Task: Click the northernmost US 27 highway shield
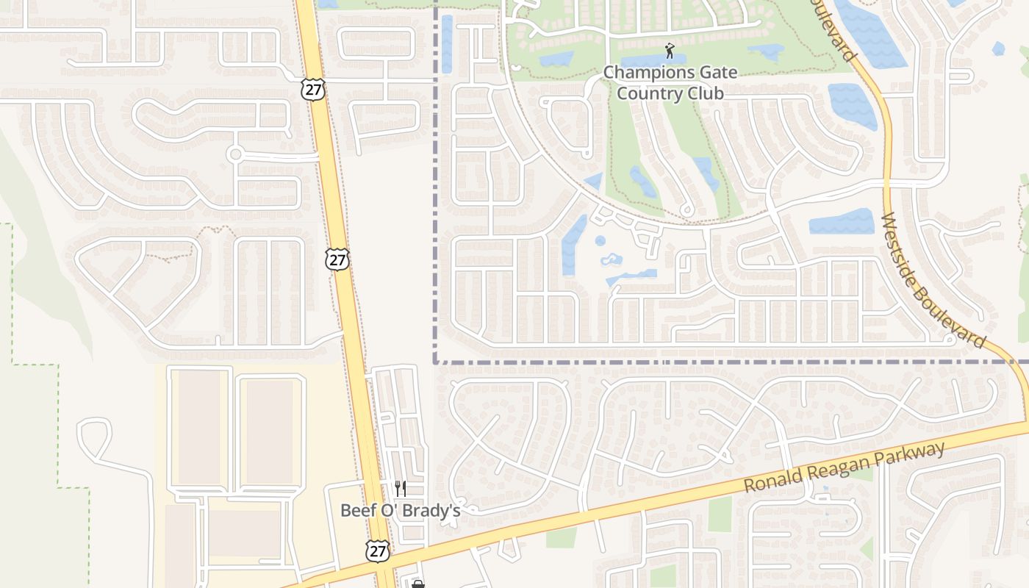coord(312,90)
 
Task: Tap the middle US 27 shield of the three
coord(337,259)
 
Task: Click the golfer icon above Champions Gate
coord(669,51)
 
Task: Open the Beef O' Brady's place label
coord(400,510)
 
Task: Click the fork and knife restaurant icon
coord(400,488)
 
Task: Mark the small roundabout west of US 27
coord(235,154)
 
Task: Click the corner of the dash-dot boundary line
coord(436,362)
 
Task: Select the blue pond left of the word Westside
coord(842,221)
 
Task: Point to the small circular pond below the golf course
coord(600,240)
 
